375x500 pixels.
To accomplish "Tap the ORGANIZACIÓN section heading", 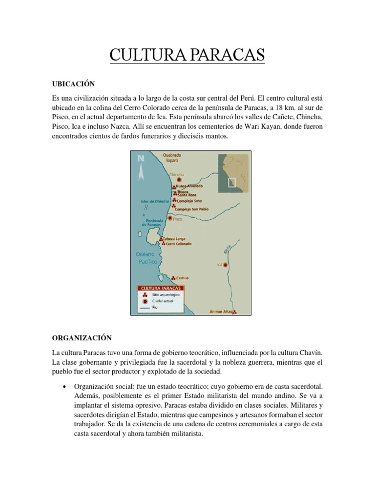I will pyautogui.click(x=82, y=338).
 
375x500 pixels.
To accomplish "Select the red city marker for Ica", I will pyautogui.click(x=226, y=265).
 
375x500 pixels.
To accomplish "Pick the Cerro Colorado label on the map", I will pyautogui.click(x=178, y=244).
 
